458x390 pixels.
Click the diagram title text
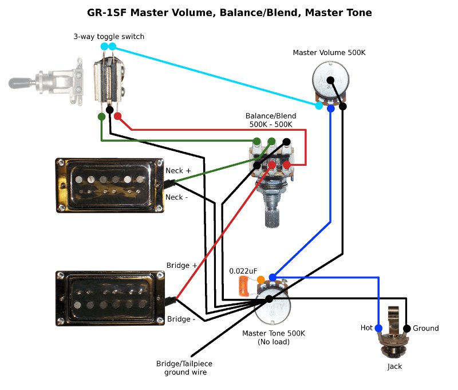(229, 12)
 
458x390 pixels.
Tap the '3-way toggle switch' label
(109, 37)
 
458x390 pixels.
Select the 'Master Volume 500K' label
(329, 53)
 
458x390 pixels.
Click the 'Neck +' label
(178, 171)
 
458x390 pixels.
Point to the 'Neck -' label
(176, 197)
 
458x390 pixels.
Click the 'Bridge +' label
(181, 266)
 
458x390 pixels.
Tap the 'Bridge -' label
(180, 319)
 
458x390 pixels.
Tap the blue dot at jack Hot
(378, 328)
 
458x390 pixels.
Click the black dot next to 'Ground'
(406, 329)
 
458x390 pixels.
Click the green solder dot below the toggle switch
(101, 116)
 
